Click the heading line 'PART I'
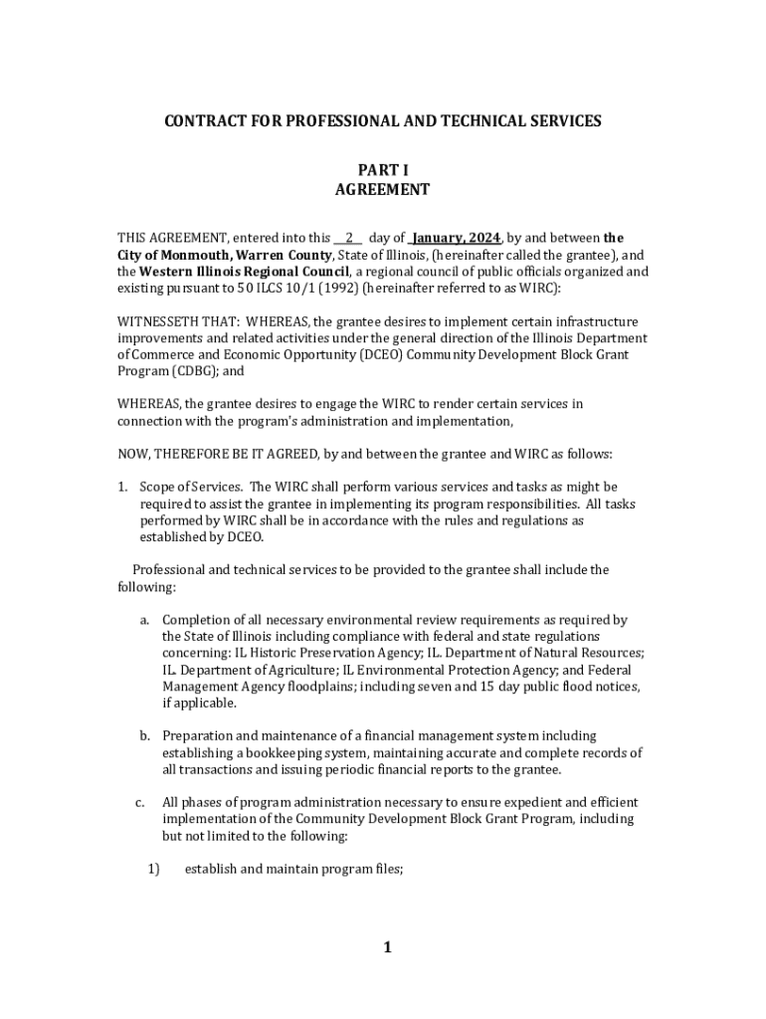click(383, 170)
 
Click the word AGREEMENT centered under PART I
click(383, 189)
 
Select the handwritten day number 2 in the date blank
click(349, 238)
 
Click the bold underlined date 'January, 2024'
click(456, 238)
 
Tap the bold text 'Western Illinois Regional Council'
click(244, 272)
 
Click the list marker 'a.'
click(145, 620)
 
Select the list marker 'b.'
click(145, 735)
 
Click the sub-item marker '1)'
click(153, 869)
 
